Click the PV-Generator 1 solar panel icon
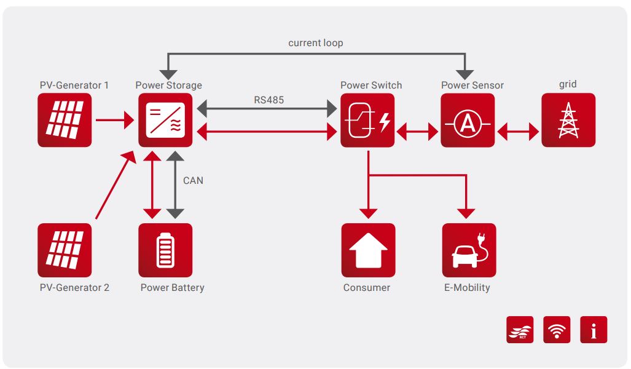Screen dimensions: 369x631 coord(65,120)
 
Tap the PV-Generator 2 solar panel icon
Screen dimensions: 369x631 coord(65,250)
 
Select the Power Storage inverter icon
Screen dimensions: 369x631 coord(165,120)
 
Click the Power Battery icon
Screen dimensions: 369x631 coord(165,250)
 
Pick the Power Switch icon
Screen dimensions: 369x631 coord(367,120)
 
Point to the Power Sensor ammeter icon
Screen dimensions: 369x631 coord(468,120)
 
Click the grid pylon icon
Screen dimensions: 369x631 coord(568,120)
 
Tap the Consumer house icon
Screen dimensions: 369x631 coord(368,250)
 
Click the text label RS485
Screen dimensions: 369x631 coord(268,100)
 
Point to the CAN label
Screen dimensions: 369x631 coord(193,181)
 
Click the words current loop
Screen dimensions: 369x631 coord(316,43)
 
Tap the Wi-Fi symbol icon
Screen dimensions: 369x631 coord(557,330)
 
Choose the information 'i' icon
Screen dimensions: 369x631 coord(594,330)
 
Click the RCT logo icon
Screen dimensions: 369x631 coord(520,330)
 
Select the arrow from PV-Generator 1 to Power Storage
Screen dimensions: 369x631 coord(115,120)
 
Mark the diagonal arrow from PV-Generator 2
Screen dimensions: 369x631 coord(115,185)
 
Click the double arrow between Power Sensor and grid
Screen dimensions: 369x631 coord(518,131)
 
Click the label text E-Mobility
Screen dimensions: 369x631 coord(467,287)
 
